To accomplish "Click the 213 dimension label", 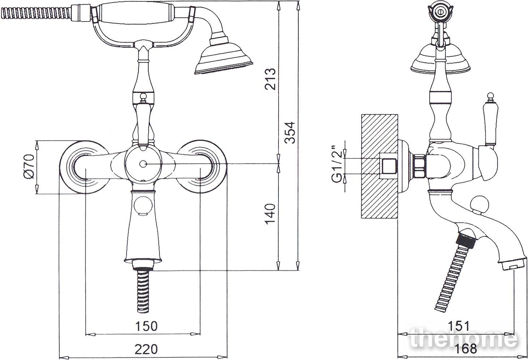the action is pos(270,79).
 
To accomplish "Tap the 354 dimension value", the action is pos(289,133).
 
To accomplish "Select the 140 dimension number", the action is pos(270,214).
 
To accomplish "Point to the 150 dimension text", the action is pos(146,326).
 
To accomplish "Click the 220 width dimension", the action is pos(146,349).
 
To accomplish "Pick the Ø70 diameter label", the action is pos(29,167).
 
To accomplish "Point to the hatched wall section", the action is pos(379,166).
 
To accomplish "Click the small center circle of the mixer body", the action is pos(143,164).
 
